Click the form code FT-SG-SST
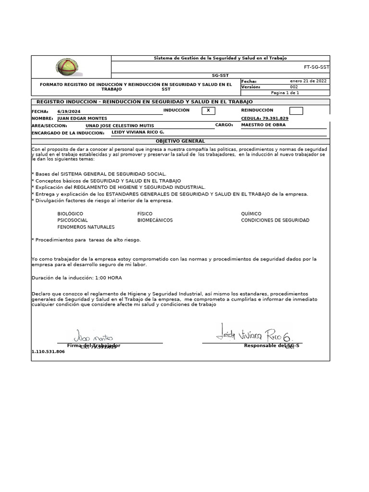pos(317,67)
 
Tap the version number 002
pos(294,87)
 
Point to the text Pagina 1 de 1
pos(285,93)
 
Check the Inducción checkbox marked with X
pos(208,111)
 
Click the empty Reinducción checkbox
pos(296,111)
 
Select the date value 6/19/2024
pos(69,111)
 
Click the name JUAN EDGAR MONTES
pos(82,118)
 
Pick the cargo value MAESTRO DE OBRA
pos(263,125)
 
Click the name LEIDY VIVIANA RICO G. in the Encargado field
pos(138,132)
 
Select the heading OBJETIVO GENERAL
pos(180,141)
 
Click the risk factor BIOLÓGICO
pos(70,213)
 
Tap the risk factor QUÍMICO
pos(251,213)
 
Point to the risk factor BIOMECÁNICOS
pos(155,220)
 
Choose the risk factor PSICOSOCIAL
pos(73,220)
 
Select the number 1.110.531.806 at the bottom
pos(48,352)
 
